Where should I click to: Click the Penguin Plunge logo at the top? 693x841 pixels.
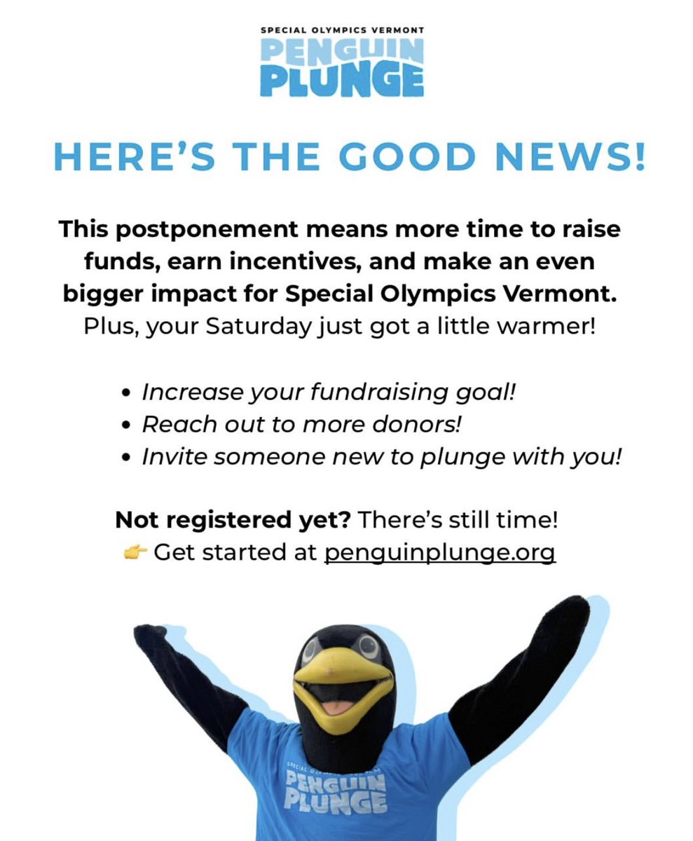pos(342,67)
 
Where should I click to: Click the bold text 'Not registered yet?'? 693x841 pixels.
pos(235,520)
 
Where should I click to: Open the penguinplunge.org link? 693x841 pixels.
pos(439,552)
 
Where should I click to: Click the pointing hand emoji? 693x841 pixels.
pos(135,553)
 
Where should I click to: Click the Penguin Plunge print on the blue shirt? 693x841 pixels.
pos(336,788)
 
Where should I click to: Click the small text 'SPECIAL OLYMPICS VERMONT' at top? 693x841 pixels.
pos(342,32)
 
